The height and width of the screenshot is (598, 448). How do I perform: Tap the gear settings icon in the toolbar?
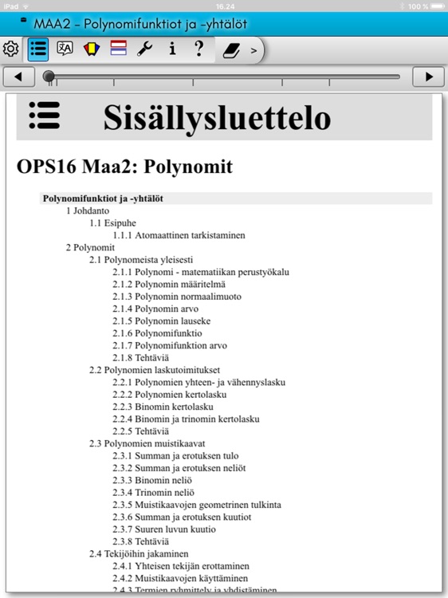(x=11, y=49)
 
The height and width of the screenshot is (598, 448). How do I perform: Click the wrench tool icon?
(x=145, y=49)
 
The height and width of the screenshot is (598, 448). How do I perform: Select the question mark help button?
(x=199, y=49)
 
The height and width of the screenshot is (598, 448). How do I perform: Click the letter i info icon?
(x=172, y=49)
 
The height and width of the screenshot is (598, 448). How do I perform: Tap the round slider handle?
(x=49, y=77)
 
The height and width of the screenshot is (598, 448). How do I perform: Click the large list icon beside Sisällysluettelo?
(x=44, y=116)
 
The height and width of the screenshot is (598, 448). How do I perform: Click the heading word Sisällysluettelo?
(x=216, y=118)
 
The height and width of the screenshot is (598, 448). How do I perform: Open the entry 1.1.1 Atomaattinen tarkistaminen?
(x=179, y=235)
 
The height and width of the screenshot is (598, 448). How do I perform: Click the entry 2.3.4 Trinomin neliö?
(x=153, y=492)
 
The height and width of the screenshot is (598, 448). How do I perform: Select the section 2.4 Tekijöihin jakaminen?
(x=139, y=553)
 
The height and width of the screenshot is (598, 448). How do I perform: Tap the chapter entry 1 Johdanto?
(x=88, y=210)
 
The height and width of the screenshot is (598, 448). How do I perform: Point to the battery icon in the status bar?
(x=434, y=6)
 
